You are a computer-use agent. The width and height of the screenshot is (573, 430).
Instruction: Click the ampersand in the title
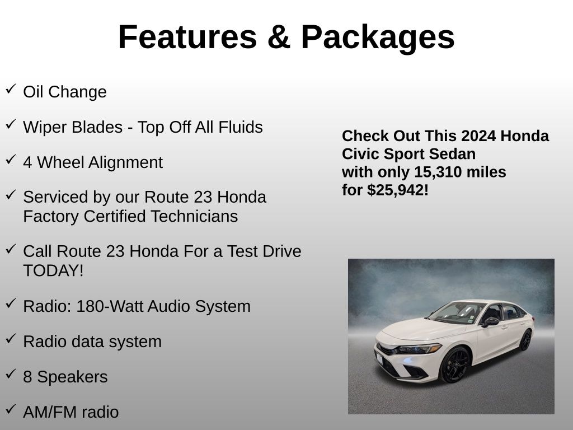click(279, 36)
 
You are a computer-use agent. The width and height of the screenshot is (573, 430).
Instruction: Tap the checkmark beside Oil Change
click(11, 89)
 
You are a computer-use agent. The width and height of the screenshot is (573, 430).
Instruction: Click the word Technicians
click(194, 216)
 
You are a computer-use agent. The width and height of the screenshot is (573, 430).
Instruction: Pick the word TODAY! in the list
click(53, 270)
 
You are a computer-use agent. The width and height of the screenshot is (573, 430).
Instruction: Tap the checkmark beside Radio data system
click(11, 339)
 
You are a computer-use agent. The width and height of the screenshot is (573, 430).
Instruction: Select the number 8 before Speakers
click(27, 377)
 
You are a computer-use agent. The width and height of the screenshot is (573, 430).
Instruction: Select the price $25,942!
click(398, 190)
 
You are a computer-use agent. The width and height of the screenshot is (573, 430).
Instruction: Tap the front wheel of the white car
click(455, 365)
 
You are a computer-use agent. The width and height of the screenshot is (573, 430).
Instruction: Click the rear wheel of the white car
click(525, 340)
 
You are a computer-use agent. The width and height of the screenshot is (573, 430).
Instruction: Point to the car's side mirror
click(490, 321)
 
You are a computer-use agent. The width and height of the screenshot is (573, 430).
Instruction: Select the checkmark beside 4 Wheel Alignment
click(11, 160)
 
